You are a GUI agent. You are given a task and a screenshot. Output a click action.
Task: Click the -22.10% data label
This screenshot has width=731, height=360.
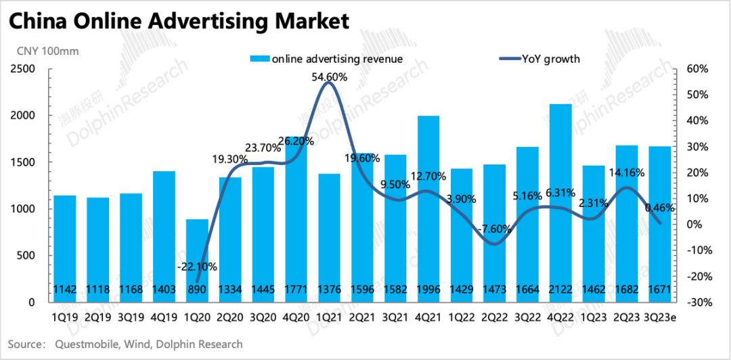coord(196,267)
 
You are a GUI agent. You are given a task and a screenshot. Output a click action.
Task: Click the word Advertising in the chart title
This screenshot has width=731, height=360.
coord(196,22)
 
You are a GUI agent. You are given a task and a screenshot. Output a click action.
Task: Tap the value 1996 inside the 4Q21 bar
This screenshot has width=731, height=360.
coord(428,290)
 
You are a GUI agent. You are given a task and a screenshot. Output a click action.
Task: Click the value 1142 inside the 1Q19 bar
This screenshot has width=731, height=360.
coord(65,290)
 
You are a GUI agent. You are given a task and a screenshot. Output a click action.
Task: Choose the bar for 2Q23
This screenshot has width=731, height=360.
coord(627,217)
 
